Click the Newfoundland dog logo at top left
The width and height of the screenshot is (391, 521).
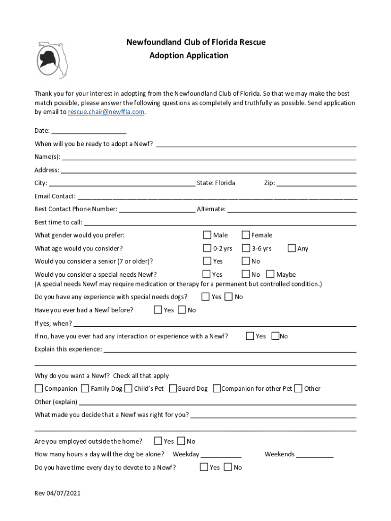click(52, 60)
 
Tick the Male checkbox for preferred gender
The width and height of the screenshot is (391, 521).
click(207, 235)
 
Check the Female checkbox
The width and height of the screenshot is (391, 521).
click(246, 235)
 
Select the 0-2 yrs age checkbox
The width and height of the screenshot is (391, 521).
click(207, 248)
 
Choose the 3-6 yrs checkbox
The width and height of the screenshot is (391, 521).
click(246, 248)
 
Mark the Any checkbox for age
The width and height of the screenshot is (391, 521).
click(292, 248)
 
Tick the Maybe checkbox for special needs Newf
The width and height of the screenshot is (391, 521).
click(271, 274)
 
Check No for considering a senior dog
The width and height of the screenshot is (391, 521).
click(246, 261)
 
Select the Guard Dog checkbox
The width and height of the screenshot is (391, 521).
click(173, 389)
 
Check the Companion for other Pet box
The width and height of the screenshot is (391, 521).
click(217, 389)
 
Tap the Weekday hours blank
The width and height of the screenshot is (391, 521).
click(221, 455)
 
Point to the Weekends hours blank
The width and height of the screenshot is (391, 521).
click(314, 455)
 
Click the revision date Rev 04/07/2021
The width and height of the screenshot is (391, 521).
click(57, 494)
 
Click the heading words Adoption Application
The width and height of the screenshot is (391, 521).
click(189, 55)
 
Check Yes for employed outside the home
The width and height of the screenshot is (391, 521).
click(158, 441)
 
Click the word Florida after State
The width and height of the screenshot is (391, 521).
click(225, 183)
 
